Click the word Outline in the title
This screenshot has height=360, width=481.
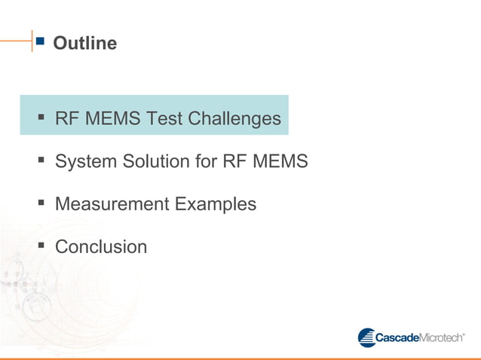[x=85, y=44]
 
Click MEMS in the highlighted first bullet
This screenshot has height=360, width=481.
[x=113, y=119]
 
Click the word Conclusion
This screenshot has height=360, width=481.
[x=101, y=247]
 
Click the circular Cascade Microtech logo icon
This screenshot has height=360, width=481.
[x=366, y=337]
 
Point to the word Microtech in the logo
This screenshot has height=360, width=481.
[x=441, y=338]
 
